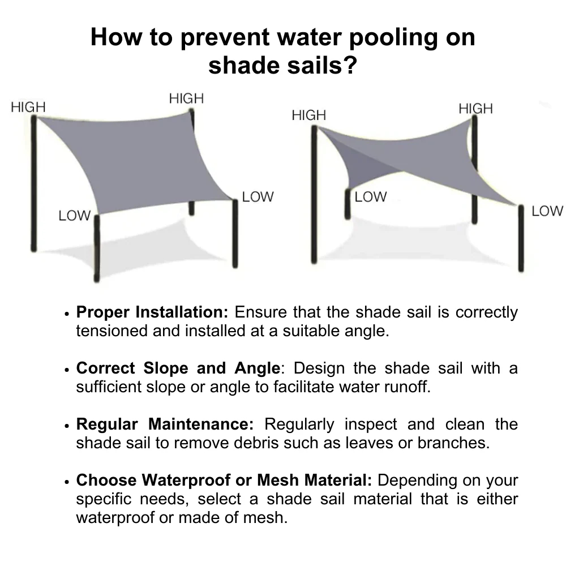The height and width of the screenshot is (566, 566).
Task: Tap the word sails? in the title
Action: click(316, 66)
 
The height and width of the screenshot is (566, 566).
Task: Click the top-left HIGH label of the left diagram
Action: click(28, 107)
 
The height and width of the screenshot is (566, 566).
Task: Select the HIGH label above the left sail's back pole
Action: click(186, 98)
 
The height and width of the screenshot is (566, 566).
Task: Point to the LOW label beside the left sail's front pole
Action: click(74, 216)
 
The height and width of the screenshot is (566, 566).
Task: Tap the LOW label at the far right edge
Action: click(547, 211)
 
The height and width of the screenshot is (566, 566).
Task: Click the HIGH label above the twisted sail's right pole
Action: click(475, 109)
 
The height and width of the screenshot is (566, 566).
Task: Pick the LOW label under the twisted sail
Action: click(371, 197)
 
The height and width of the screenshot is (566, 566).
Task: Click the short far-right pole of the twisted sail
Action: click(521, 238)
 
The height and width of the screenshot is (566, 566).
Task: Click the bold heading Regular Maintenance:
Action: click(165, 424)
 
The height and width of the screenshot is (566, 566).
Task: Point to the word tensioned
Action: click(112, 331)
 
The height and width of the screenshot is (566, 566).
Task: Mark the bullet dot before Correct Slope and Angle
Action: click(67, 370)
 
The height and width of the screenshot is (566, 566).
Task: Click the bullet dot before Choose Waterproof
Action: click(67, 482)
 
